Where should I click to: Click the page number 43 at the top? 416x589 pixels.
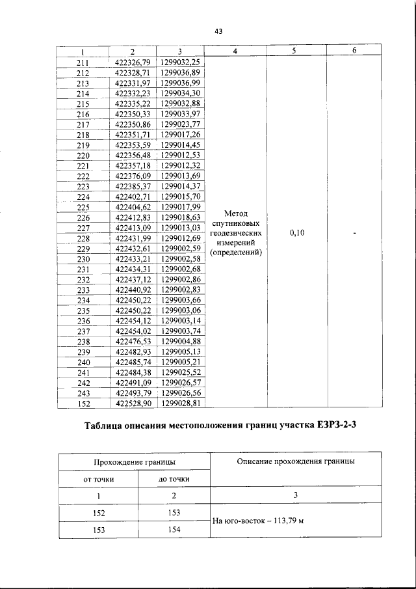[218, 31]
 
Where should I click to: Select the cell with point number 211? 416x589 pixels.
[83, 63]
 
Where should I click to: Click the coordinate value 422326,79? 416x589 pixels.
[132, 63]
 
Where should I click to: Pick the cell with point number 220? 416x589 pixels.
[83, 156]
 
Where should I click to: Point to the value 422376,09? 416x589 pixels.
[132, 177]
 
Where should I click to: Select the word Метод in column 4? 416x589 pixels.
[236, 213]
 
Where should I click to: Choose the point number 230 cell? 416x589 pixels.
[83, 260]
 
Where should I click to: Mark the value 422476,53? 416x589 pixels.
[132, 342]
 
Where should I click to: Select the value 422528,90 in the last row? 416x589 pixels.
[132, 404]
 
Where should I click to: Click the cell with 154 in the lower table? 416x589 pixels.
[174, 530]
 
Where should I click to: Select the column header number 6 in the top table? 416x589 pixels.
[354, 52]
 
